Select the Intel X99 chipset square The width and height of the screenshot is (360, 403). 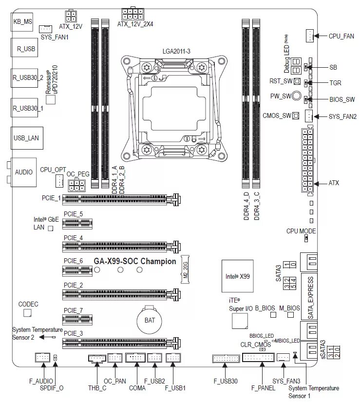[x=237, y=276]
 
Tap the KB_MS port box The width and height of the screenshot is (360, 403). [x=23, y=21]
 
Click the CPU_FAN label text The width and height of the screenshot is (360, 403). [x=341, y=36]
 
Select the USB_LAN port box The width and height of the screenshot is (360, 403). [x=26, y=138]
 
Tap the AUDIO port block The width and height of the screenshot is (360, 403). [x=23, y=172]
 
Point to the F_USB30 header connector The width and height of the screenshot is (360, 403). [x=224, y=359]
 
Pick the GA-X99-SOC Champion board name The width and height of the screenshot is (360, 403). [x=135, y=261]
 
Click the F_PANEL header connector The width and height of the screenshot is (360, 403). [x=258, y=358]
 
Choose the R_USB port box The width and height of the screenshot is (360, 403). [x=23, y=49]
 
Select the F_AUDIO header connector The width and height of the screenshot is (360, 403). [x=42, y=358]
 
